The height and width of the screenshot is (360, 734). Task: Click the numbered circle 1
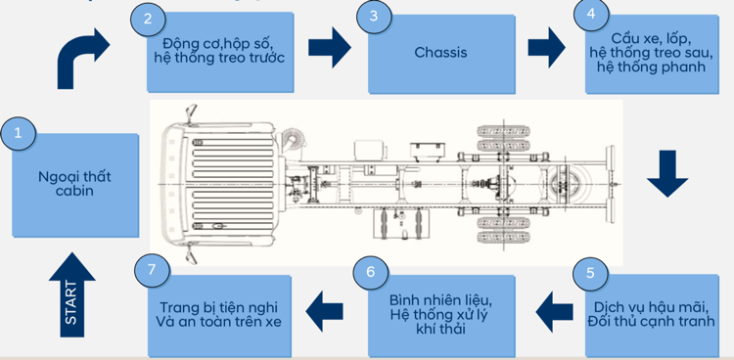pyautogui.click(x=18, y=133)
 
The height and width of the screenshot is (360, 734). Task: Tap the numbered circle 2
pyautogui.click(x=148, y=19)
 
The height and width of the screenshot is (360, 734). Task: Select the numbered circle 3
pyautogui.click(x=374, y=17)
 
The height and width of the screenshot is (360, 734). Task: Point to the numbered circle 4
pyautogui.click(x=591, y=15)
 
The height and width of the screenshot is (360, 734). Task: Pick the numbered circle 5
pyautogui.click(x=590, y=273)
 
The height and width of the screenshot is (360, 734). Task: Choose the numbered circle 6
pyautogui.click(x=371, y=273)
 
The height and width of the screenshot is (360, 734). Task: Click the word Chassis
pyautogui.click(x=440, y=52)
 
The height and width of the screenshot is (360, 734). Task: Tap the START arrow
pyautogui.click(x=71, y=294)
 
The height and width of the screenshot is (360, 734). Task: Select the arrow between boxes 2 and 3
pyautogui.click(x=330, y=47)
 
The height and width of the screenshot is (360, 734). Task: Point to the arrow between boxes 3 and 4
pyautogui.click(x=547, y=47)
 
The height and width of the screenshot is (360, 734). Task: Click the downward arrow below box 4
pyautogui.click(x=667, y=173)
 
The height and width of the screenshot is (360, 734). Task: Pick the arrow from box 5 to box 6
pyautogui.click(x=554, y=312)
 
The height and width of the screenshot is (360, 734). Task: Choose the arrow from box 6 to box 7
pyautogui.click(x=324, y=311)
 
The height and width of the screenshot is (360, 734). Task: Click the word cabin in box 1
pyautogui.click(x=74, y=192)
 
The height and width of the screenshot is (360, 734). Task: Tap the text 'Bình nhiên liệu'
pyautogui.click(x=441, y=299)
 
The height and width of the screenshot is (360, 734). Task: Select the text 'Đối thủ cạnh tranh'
pyautogui.click(x=652, y=322)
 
